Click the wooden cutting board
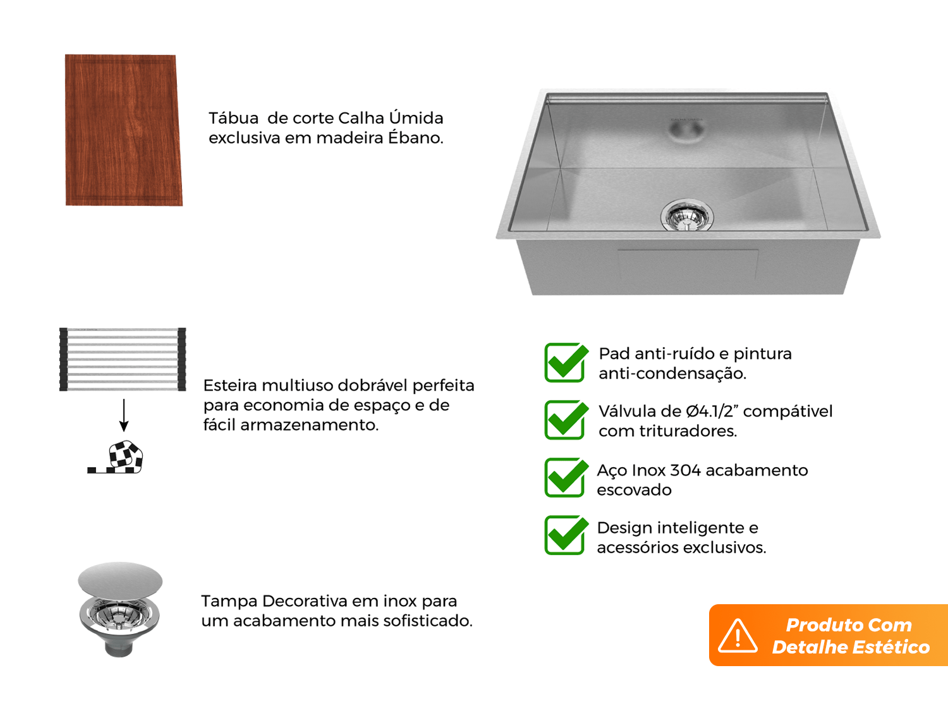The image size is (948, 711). (123, 130)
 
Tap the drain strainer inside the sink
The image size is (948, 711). (687, 216)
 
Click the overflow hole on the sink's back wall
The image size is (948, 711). (686, 129)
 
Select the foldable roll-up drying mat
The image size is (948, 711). (123, 359)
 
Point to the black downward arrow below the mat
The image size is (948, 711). (124, 415)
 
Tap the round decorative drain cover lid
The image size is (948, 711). (120, 580)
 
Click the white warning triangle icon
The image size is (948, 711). (738, 636)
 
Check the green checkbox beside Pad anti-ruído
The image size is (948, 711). (566, 363)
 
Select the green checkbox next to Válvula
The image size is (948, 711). (566, 420)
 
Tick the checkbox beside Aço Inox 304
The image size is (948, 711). (566, 477)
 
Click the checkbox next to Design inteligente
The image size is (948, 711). (566, 535)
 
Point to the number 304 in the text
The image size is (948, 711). (686, 470)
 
